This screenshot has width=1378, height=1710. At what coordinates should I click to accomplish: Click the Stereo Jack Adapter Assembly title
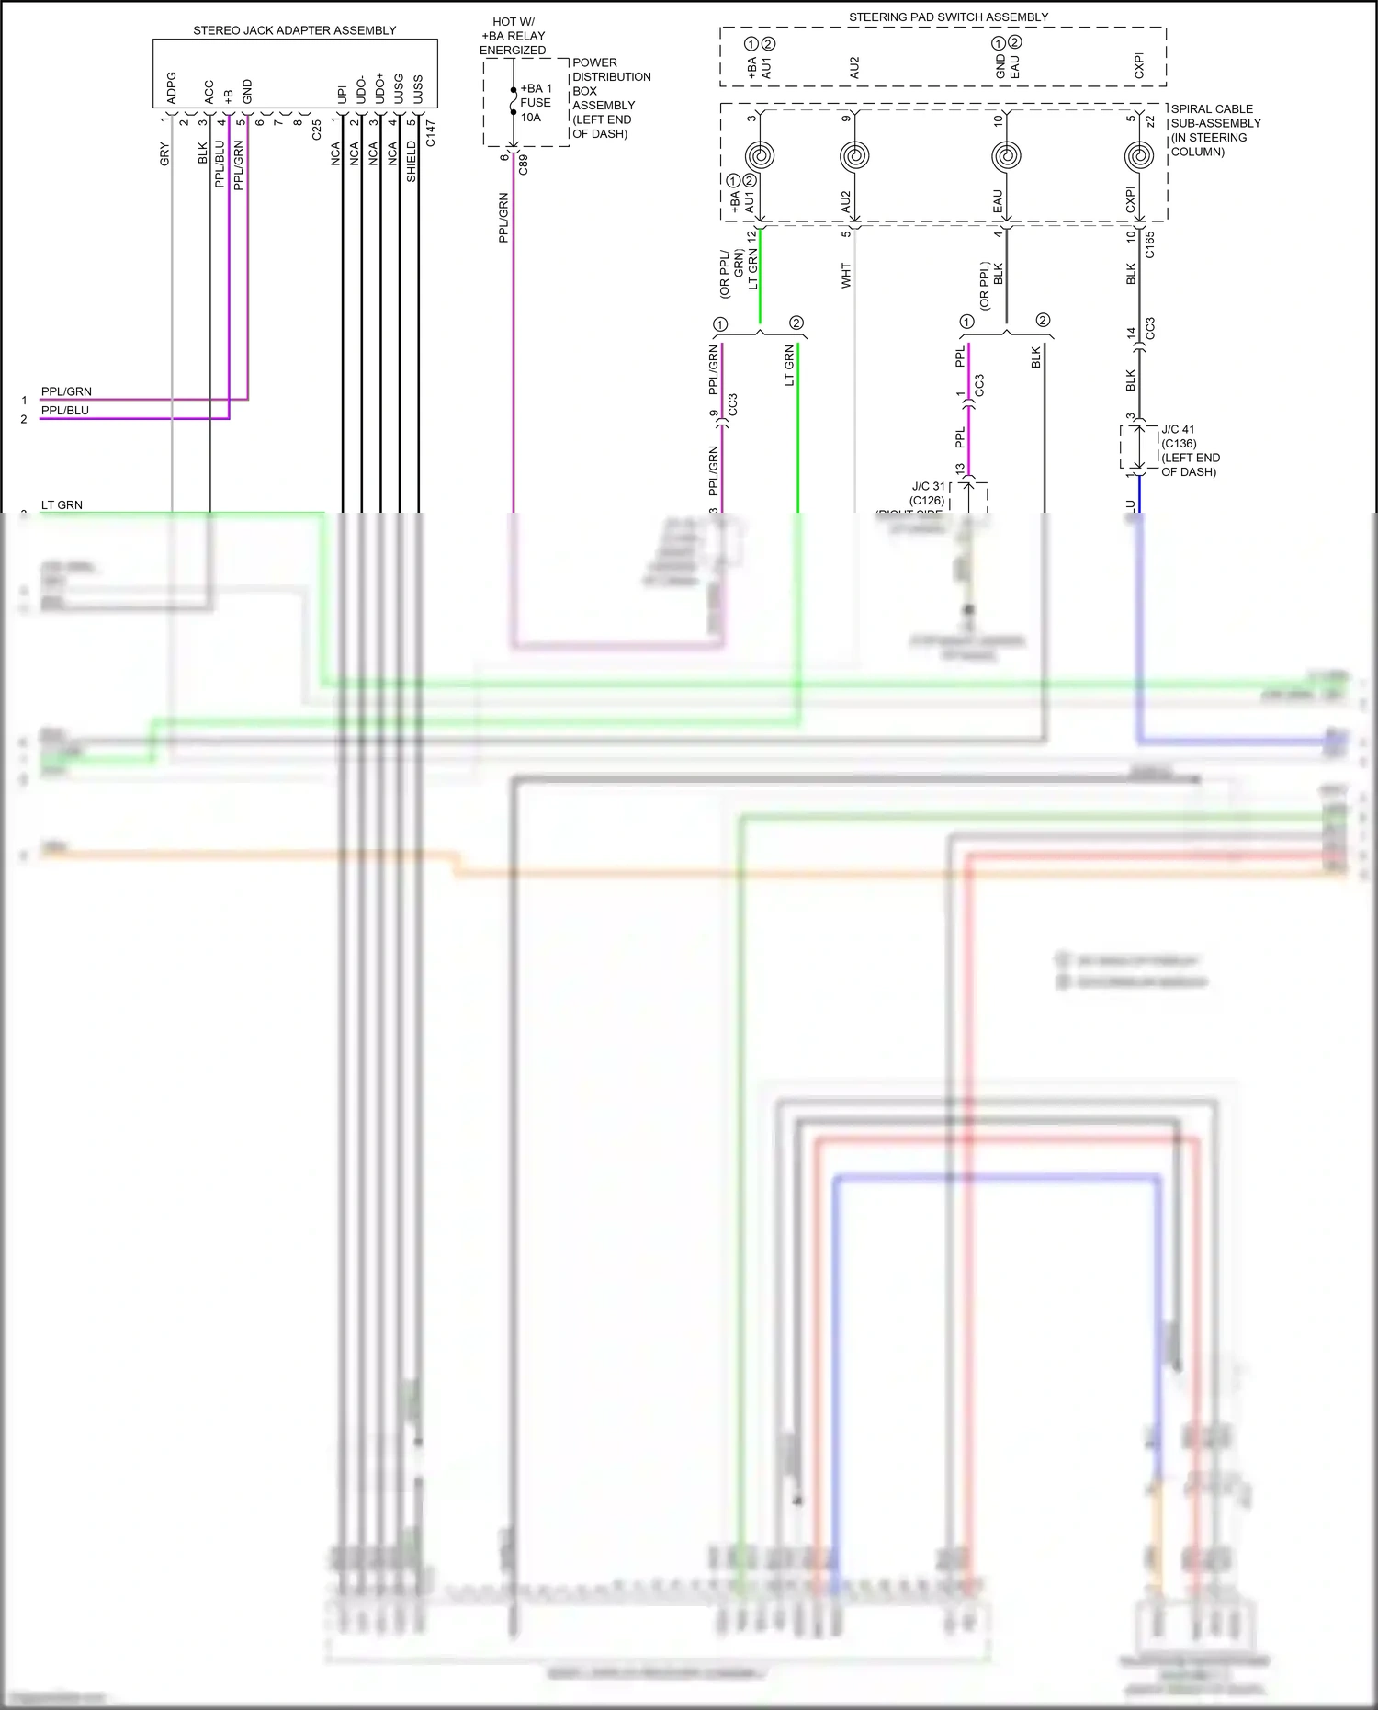click(x=294, y=30)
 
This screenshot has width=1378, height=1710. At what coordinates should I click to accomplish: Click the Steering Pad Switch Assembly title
click(x=948, y=17)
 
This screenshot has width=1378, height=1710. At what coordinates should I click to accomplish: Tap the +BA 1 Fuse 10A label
click(x=536, y=103)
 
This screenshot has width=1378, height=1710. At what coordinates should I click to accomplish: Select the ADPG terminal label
click(x=171, y=88)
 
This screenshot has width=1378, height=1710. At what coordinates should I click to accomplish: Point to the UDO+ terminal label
click(x=379, y=88)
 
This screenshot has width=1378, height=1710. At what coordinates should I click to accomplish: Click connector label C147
click(x=431, y=133)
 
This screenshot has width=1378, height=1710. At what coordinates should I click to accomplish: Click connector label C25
click(x=317, y=130)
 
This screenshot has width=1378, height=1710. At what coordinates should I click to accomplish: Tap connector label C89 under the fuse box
click(x=524, y=164)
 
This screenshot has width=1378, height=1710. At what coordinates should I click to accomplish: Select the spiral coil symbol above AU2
click(x=855, y=155)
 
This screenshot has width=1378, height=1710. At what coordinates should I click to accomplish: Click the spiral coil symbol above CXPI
click(x=1139, y=155)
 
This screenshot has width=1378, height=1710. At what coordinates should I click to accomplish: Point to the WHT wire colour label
click(x=846, y=275)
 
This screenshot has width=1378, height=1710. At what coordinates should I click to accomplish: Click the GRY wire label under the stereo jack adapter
click(x=164, y=154)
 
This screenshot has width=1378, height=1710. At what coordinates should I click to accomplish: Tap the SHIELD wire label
click(x=412, y=161)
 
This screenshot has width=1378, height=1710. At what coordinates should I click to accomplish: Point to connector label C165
click(x=1150, y=244)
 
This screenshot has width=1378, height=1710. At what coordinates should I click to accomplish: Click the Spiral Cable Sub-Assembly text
click(x=1214, y=130)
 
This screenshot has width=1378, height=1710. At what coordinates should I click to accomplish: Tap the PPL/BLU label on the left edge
click(x=65, y=410)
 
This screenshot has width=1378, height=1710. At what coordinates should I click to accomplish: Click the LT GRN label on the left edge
click(x=62, y=504)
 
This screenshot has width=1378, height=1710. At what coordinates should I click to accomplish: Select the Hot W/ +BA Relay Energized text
click(x=513, y=36)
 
